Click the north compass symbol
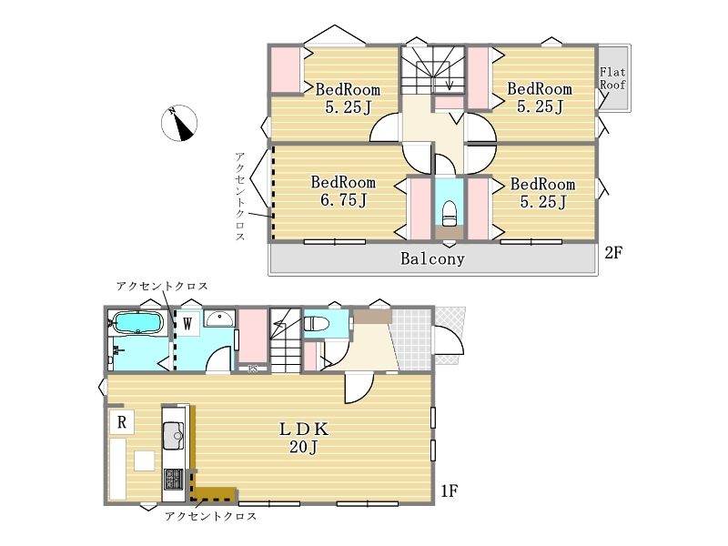(x=179, y=123)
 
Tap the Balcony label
(x=432, y=258)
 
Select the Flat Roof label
(x=612, y=78)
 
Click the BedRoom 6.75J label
(x=343, y=191)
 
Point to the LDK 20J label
(x=304, y=438)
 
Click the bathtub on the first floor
(x=138, y=322)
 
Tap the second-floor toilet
(x=450, y=214)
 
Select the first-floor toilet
(x=317, y=323)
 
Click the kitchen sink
(x=173, y=436)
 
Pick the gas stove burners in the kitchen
(x=174, y=480)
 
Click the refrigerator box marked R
(x=122, y=422)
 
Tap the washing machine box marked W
(x=187, y=324)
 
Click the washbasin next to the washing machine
(x=220, y=319)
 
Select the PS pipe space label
(x=253, y=369)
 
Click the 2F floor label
(x=613, y=253)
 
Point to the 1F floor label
(x=449, y=490)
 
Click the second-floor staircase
(x=433, y=70)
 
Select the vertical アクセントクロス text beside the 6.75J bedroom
(x=239, y=196)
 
